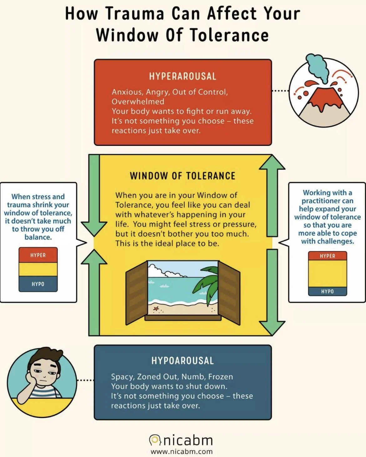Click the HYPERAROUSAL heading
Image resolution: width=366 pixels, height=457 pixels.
tap(183, 76)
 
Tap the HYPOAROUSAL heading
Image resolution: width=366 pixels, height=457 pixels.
tap(183, 361)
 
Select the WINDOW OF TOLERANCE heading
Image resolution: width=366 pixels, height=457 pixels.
tap(183, 176)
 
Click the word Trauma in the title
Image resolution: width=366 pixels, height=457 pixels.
tap(135, 14)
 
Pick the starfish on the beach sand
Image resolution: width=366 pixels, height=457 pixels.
tap(156, 309)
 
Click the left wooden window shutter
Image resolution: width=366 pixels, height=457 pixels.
tap(136, 292)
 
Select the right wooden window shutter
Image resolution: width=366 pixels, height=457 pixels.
tap(229, 292)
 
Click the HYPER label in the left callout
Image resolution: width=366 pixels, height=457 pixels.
tap(38, 255)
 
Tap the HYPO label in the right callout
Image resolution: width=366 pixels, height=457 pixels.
tap(328, 291)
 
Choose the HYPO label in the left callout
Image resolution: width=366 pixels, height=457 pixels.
tap(38, 284)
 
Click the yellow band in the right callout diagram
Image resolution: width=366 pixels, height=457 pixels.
tap(328, 274)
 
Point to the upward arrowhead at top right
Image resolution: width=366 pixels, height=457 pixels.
tap(272, 163)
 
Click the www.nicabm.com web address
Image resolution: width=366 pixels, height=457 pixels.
tap(182, 452)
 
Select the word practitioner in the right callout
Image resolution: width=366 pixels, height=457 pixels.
tap(327, 201)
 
